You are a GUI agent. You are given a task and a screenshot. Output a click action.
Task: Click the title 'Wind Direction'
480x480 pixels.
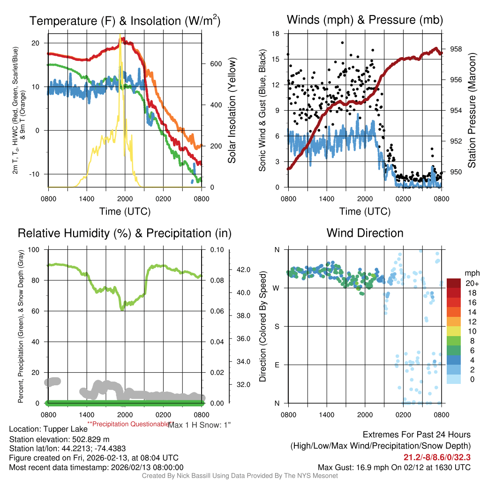[x=365, y=233]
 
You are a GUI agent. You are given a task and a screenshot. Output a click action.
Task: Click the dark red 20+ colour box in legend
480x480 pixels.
[x=454, y=283]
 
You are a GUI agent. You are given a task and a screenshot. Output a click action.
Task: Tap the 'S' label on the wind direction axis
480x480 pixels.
[x=277, y=326]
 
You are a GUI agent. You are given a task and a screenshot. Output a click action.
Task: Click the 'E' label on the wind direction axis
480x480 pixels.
[x=277, y=365]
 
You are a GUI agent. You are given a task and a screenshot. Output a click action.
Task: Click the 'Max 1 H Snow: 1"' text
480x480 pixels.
[x=199, y=425]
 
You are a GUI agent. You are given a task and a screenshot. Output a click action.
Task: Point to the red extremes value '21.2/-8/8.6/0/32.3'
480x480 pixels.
[x=437, y=457]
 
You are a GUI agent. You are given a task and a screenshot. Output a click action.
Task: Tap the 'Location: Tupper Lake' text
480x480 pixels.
[x=48, y=429]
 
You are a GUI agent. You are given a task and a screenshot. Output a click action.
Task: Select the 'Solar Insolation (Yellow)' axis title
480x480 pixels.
[x=232, y=111]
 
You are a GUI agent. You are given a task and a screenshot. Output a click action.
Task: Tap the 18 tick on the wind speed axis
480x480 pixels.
[x=276, y=34]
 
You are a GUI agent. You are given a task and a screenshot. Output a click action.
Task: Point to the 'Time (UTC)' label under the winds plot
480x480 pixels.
[x=365, y=211]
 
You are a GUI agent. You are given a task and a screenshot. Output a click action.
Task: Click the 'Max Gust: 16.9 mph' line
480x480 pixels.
[x=394, y=467]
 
